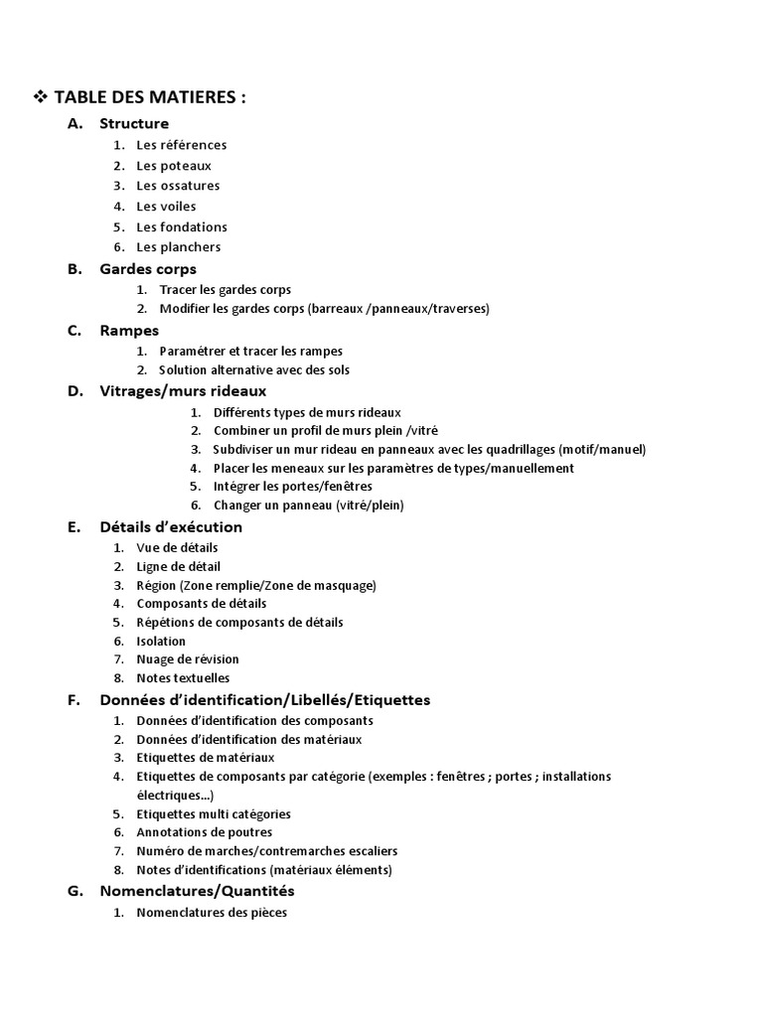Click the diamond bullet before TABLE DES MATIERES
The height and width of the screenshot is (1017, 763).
tap(41, 97)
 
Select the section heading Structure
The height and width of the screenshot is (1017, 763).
tap(134, 123)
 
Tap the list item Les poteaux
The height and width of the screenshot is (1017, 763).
tap(174, 166)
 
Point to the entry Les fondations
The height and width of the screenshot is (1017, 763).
tap(182, 226)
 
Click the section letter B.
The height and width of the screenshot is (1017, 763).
tap(74, 269)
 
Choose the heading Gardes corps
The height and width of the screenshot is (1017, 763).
tap(148, 269)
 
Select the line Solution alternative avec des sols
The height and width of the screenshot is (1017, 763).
tap(254, 369)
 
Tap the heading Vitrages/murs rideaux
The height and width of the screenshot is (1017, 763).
tap(183, 390)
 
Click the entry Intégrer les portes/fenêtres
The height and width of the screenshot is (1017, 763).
tap(293, 487)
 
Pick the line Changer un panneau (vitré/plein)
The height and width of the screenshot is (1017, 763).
tap(309, 506)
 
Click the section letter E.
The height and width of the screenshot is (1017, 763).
tap(74, 527)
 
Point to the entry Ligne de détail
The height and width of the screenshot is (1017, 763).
tap(179, 566)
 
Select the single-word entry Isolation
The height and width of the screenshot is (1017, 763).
tap(161, 642)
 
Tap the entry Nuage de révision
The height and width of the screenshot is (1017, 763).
tap(188, 659)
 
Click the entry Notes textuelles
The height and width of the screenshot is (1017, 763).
tap(183, 678)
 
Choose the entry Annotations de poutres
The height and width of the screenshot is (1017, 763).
tap(205, 832)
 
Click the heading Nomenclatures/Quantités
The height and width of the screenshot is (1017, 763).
tap(198, 891)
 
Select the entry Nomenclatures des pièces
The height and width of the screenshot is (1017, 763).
tap(212, 913)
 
